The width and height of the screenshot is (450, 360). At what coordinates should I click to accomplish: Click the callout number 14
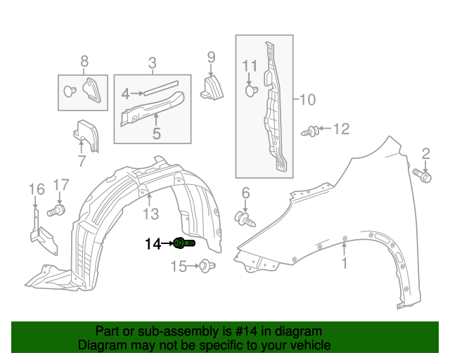(153, 244)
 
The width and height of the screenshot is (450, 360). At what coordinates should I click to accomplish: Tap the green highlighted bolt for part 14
(184, 243)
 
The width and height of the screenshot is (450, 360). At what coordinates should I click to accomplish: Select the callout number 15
(179, 266)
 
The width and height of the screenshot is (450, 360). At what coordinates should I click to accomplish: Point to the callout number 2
(425, 154)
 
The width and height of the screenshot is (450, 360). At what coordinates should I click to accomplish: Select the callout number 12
(340, 129)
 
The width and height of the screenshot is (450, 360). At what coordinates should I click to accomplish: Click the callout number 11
(250, 67)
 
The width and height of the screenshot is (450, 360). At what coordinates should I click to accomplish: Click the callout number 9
(210, 56)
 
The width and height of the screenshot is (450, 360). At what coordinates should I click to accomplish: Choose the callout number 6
(245, 193)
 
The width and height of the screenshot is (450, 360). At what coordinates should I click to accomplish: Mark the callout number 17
(61, 185)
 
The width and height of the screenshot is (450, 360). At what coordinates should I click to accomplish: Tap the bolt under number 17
(56, 210)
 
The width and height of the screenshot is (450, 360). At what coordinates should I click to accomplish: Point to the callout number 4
(125, 93)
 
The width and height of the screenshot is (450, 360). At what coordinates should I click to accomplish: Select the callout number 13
(152, 213)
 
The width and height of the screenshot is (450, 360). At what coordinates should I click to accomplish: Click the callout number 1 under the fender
(345, 264)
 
